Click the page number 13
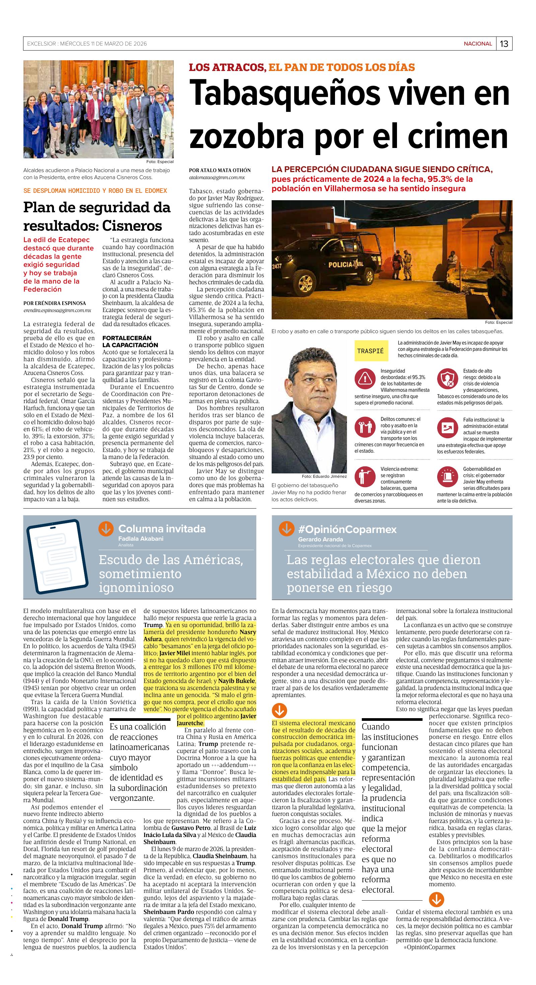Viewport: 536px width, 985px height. (x=504, y=44)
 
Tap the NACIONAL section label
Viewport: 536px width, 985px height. (x=477, y=44)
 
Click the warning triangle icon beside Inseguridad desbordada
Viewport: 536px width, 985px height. (x=365, y=379)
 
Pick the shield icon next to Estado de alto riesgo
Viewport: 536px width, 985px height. (x=448, y=379)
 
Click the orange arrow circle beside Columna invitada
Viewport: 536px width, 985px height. (x=106, y=529)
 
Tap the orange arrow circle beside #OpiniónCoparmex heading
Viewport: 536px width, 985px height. (x=286, y=529)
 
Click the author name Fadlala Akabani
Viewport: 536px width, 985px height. (x=141, y=538)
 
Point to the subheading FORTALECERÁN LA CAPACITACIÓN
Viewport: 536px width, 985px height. (x=127, y=342)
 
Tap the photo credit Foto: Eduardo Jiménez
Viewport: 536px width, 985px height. (x=324, y=476)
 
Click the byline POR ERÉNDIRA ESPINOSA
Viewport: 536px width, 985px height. (x=55, y=303)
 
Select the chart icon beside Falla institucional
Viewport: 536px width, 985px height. (x=448, y=428)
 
